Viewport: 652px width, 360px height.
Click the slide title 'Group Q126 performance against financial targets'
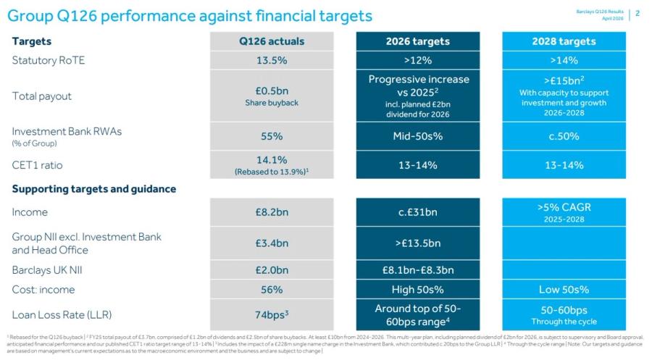tap(190, 15)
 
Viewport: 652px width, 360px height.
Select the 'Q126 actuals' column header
tap(272, 41)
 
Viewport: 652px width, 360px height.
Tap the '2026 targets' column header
tap(417, 41)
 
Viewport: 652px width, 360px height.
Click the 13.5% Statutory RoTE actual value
tap(272, 60)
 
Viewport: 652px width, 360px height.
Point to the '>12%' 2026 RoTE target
tap(417, 60)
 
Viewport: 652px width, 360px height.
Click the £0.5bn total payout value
tap(272, 90)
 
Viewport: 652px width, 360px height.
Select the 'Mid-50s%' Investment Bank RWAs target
tap(417, 135)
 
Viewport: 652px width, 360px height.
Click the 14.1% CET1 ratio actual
tap(272, 161)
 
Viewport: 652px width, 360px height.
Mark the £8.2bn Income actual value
tap(272, 212)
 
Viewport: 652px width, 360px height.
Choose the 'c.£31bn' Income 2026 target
tap(417, 212)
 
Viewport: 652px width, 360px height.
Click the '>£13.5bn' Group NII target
tap(417, 243)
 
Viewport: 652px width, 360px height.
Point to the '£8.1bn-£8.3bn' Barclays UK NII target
tap(417, 270)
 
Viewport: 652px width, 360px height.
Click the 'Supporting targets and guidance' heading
tap(94, 189)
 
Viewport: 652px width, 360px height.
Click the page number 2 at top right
tap(637, 13)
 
